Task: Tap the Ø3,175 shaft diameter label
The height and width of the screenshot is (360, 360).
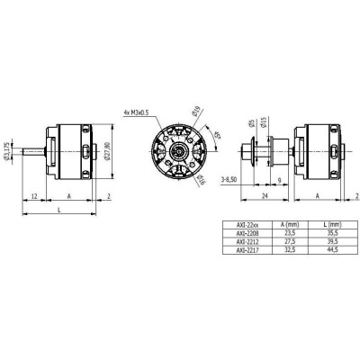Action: (8, 152)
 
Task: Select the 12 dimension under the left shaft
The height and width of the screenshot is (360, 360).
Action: (33, 195)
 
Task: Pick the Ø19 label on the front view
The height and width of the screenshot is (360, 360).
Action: (197, 114)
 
